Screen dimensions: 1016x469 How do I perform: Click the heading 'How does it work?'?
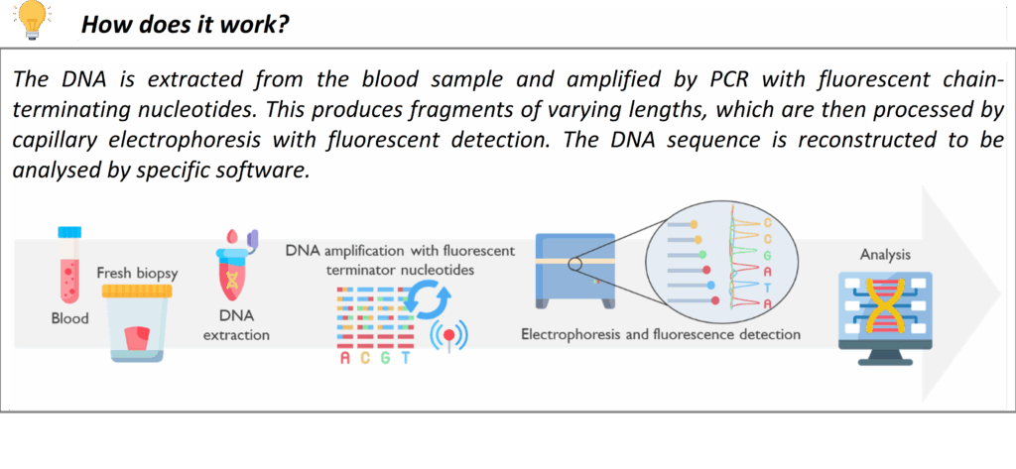coord(185,25)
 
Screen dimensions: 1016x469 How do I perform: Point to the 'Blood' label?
coord(70,318)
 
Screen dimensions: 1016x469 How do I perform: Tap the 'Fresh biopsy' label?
coord(137,273)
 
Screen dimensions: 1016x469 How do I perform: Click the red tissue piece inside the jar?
coord(137,338)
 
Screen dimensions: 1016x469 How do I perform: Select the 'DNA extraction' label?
coord(236,326)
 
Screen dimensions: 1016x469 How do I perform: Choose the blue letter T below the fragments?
coord(406,358)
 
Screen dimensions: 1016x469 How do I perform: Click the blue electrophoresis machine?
coord(574,272)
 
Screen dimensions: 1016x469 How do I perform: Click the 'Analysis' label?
coord(885,255)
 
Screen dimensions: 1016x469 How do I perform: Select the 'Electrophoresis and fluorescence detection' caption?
coord(661,334)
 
